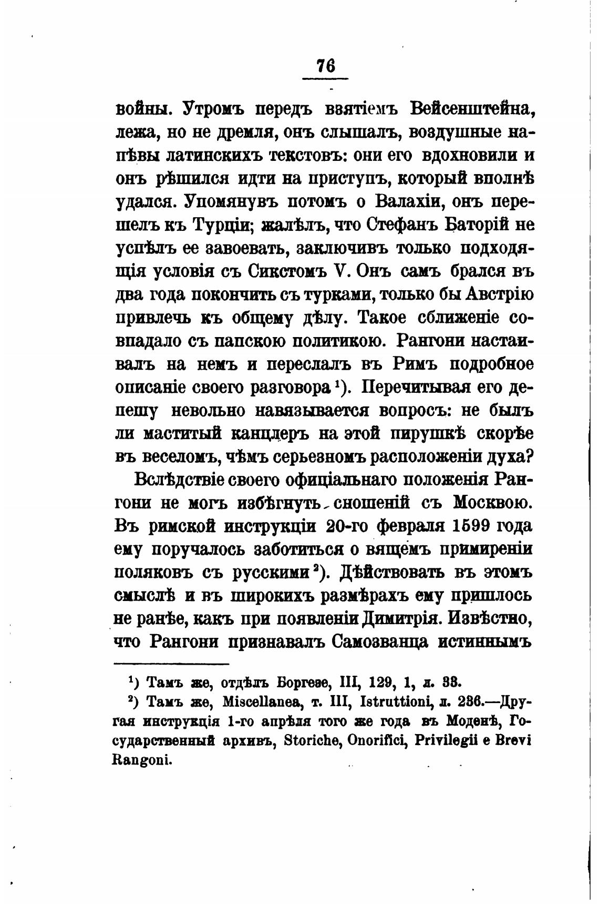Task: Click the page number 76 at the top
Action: (325, 66)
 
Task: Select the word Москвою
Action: (493, 503)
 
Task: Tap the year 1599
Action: (469, 526)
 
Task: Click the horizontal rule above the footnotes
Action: (172, 664)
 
